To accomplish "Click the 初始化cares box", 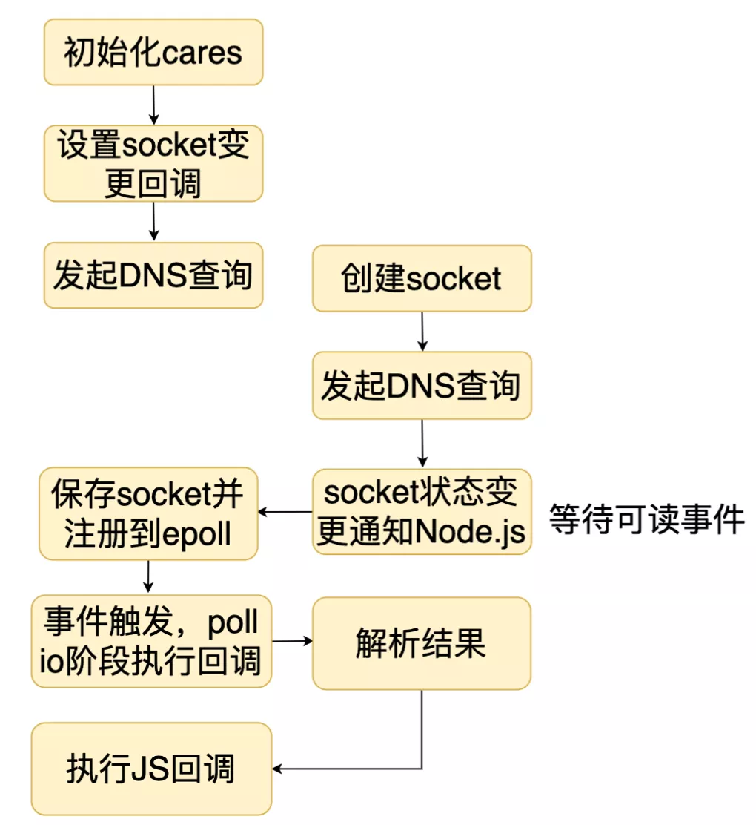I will tap(153, 52).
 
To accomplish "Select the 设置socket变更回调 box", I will tap(153, 163).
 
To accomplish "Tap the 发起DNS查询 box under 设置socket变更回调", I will tap(153, 275).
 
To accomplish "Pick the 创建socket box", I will tap(422, 279).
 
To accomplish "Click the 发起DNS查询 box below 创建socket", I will tap(422, 386).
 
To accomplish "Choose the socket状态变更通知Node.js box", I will tap(422, 512).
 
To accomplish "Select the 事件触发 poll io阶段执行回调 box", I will tap(151, 642).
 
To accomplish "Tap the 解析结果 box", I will tap(422, 643).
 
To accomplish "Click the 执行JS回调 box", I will tap(151, 769).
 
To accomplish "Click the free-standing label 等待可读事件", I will tap(646, 519).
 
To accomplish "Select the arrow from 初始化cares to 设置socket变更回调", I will tap(153, 105).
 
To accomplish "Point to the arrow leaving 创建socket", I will tap(422, 331).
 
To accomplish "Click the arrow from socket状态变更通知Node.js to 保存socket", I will tap(285, 512).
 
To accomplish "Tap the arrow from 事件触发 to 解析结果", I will tap(292, 641).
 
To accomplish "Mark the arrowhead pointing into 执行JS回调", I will tap(279, 768).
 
